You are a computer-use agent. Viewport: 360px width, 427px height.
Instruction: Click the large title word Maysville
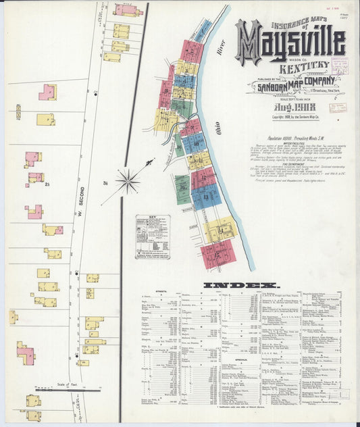click(x=290, y=42)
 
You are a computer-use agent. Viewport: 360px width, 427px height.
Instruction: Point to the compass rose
click(x=128, y=180)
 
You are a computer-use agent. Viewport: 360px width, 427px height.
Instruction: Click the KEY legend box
click(x=152, y=236)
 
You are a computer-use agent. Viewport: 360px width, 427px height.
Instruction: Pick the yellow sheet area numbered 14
click(x=220, y=231)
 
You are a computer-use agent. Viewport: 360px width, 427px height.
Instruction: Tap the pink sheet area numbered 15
click(x=217, y=254)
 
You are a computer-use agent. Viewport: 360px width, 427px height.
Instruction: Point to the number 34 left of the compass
click(x=106, y=182)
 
